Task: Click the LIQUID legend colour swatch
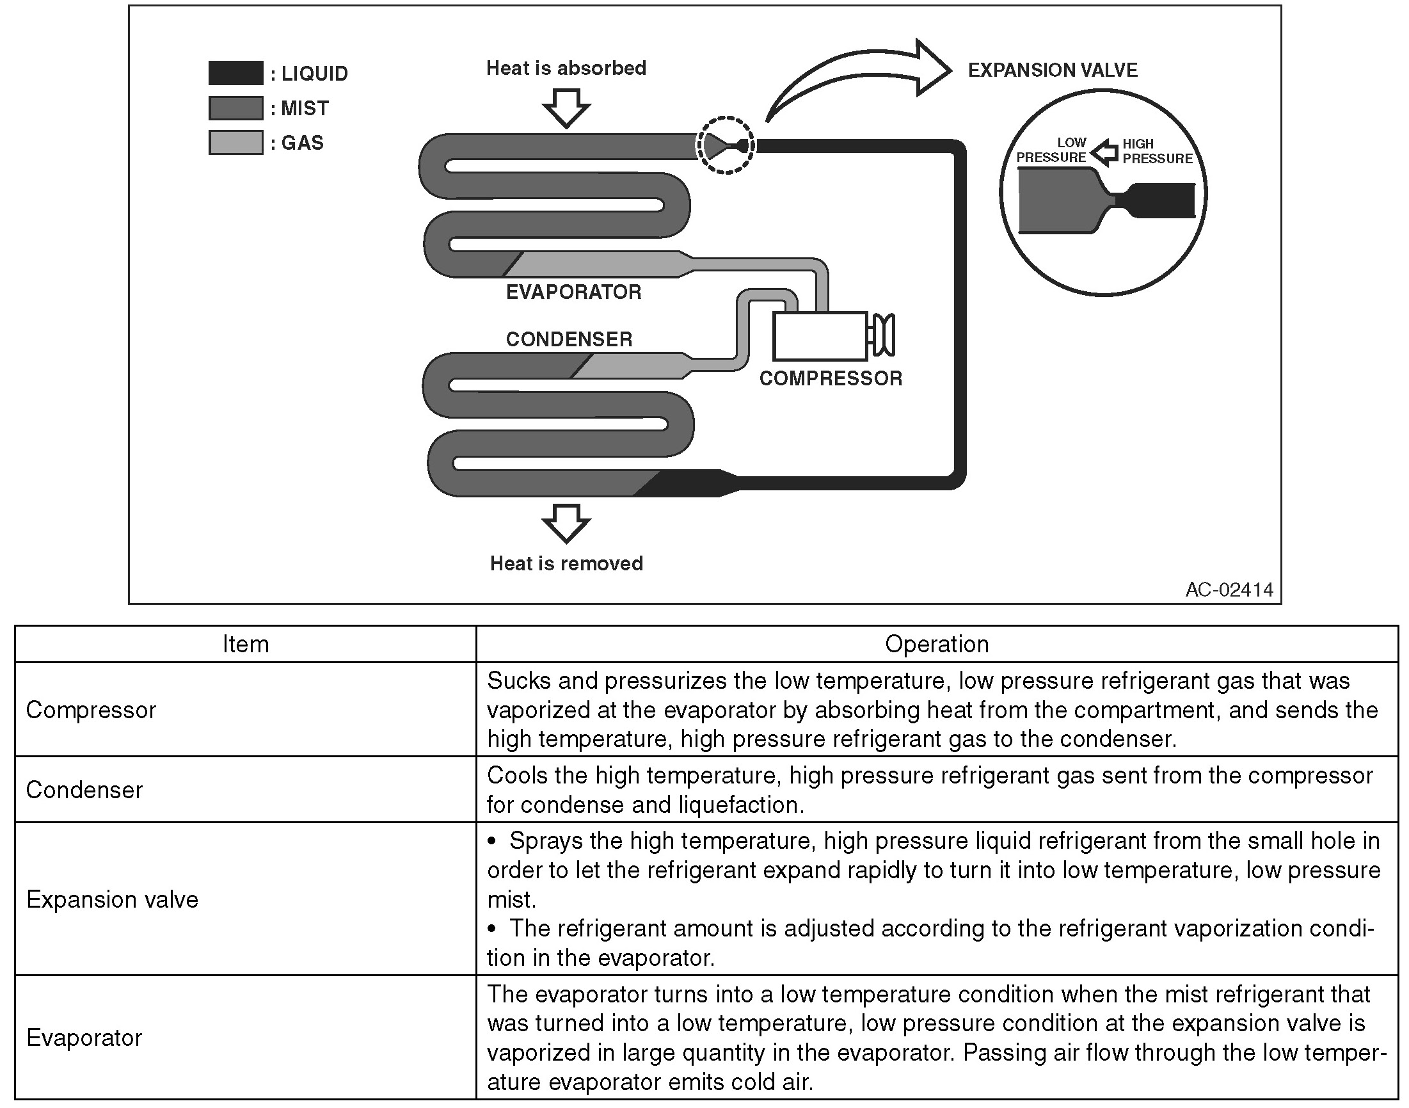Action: (x=235, y=73)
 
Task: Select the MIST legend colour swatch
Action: (x=235, y=108)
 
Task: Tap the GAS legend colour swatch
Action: (x=235, y=142)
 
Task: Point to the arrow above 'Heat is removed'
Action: (x=566, y=522)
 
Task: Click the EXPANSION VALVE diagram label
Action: (x=1053, y=70)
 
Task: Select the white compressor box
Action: (x=820, y=336)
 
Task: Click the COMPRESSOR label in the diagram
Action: (x=831, y=378)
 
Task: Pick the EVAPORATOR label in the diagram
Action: (x=573, y=292)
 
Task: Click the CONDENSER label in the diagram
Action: (x=569, y=339)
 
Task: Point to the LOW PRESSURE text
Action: (x=1051, y=150)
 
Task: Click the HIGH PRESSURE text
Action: (x=1157, y=151)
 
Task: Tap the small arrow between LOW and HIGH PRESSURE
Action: (x=1104, y=152)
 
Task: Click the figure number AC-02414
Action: (x=1229, y=589)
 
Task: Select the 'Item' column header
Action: (x=245, y=644)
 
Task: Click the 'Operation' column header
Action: (x=936, y=644)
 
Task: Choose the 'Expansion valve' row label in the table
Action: (x=112, y=899)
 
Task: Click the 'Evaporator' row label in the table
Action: (x=84, y=1038)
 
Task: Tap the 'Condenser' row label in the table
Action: (x=84, y=789)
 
